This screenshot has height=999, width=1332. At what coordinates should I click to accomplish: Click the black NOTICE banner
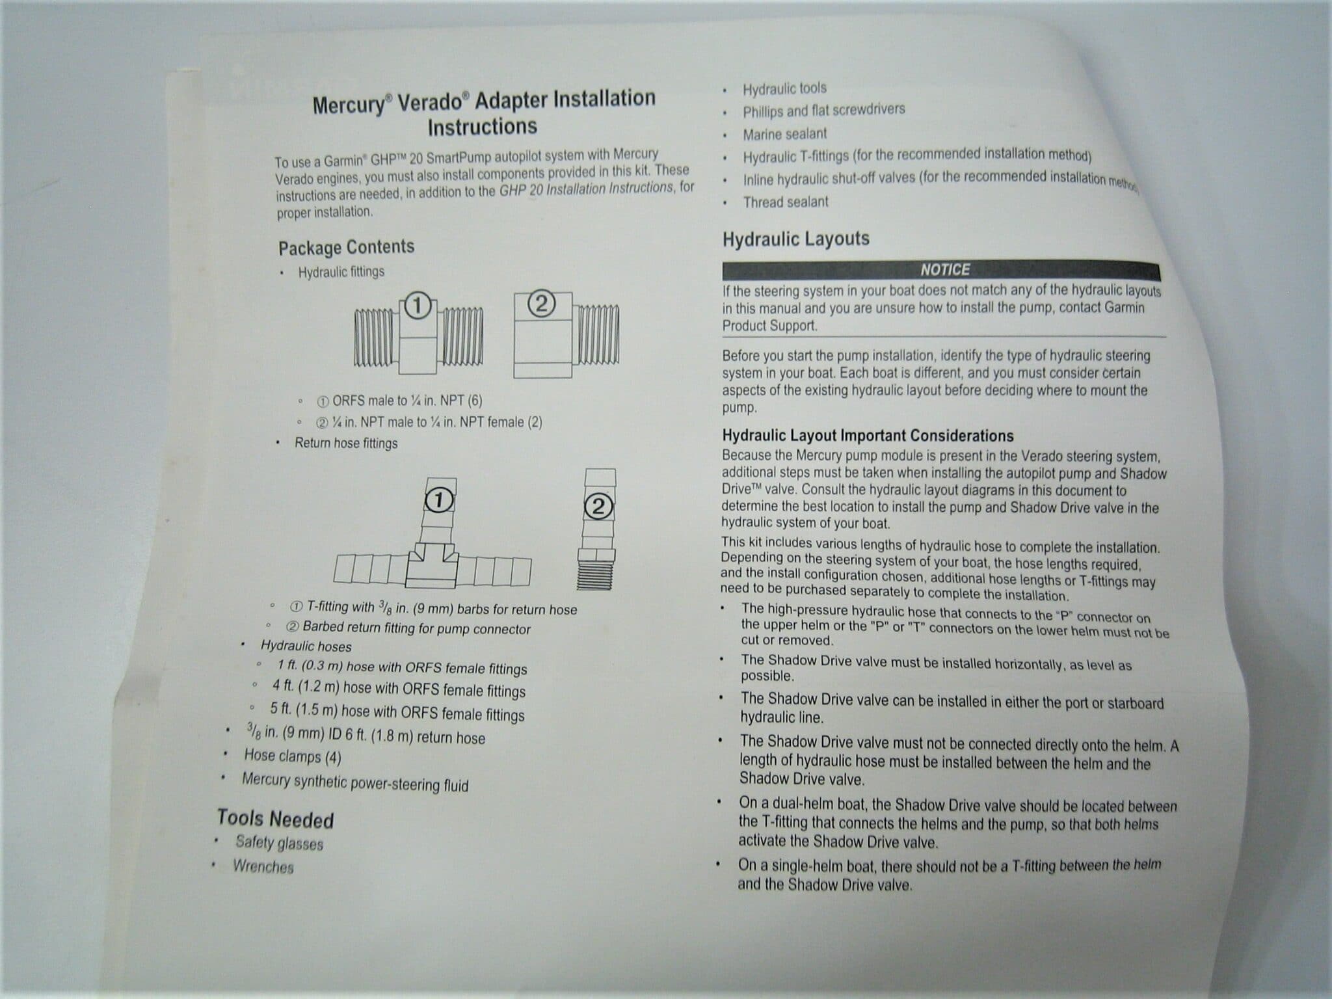pos(941,270)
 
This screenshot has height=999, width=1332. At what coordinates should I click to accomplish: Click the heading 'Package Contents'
pos(346,247)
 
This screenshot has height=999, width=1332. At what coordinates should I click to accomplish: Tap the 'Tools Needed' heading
pos(275,819)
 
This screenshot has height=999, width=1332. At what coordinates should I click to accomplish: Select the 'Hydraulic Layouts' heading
pos(796,239)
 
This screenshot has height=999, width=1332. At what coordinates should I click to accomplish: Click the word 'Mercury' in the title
pos(349,105)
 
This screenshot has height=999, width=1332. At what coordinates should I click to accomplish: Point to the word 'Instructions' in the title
pos(483,126)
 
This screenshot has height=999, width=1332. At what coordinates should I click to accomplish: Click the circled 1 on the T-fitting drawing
pos(439,501)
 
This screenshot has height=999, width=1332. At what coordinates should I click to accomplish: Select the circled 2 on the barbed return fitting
pos(599,507)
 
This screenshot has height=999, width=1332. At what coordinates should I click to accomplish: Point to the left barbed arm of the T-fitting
pos(370,570)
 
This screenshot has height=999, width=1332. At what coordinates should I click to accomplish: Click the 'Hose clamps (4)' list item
pos(293,756)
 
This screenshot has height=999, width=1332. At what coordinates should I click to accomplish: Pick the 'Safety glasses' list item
pos(280,843)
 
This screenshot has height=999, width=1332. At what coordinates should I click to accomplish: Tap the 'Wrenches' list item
pos(263,866)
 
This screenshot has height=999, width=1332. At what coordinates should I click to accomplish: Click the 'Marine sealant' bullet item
pos(785,134)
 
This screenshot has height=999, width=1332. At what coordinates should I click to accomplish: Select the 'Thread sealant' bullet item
pos(786,202)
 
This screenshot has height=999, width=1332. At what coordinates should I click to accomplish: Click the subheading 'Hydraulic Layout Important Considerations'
pos(868,436)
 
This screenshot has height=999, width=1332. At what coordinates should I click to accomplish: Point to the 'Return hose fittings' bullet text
pos(346,443)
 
